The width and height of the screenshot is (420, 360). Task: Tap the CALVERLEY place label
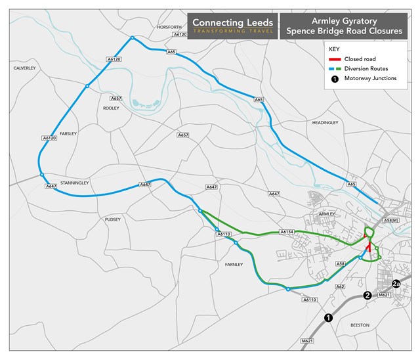[x=24, y=68]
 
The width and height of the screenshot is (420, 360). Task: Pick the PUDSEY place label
[x=113, y=219]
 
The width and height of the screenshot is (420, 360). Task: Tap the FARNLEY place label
[x=234, y=264]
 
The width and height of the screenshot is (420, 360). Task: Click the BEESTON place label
[x=360, y=325]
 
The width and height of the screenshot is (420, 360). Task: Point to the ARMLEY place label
[x=326, y=214]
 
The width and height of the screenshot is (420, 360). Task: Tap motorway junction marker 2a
[x=396, y=284]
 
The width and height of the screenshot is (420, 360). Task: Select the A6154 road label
[x=285, y=231]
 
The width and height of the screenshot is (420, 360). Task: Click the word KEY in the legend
[x=334, y=49]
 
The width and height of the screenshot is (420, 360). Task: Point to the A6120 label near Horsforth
[x=181, y=34]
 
